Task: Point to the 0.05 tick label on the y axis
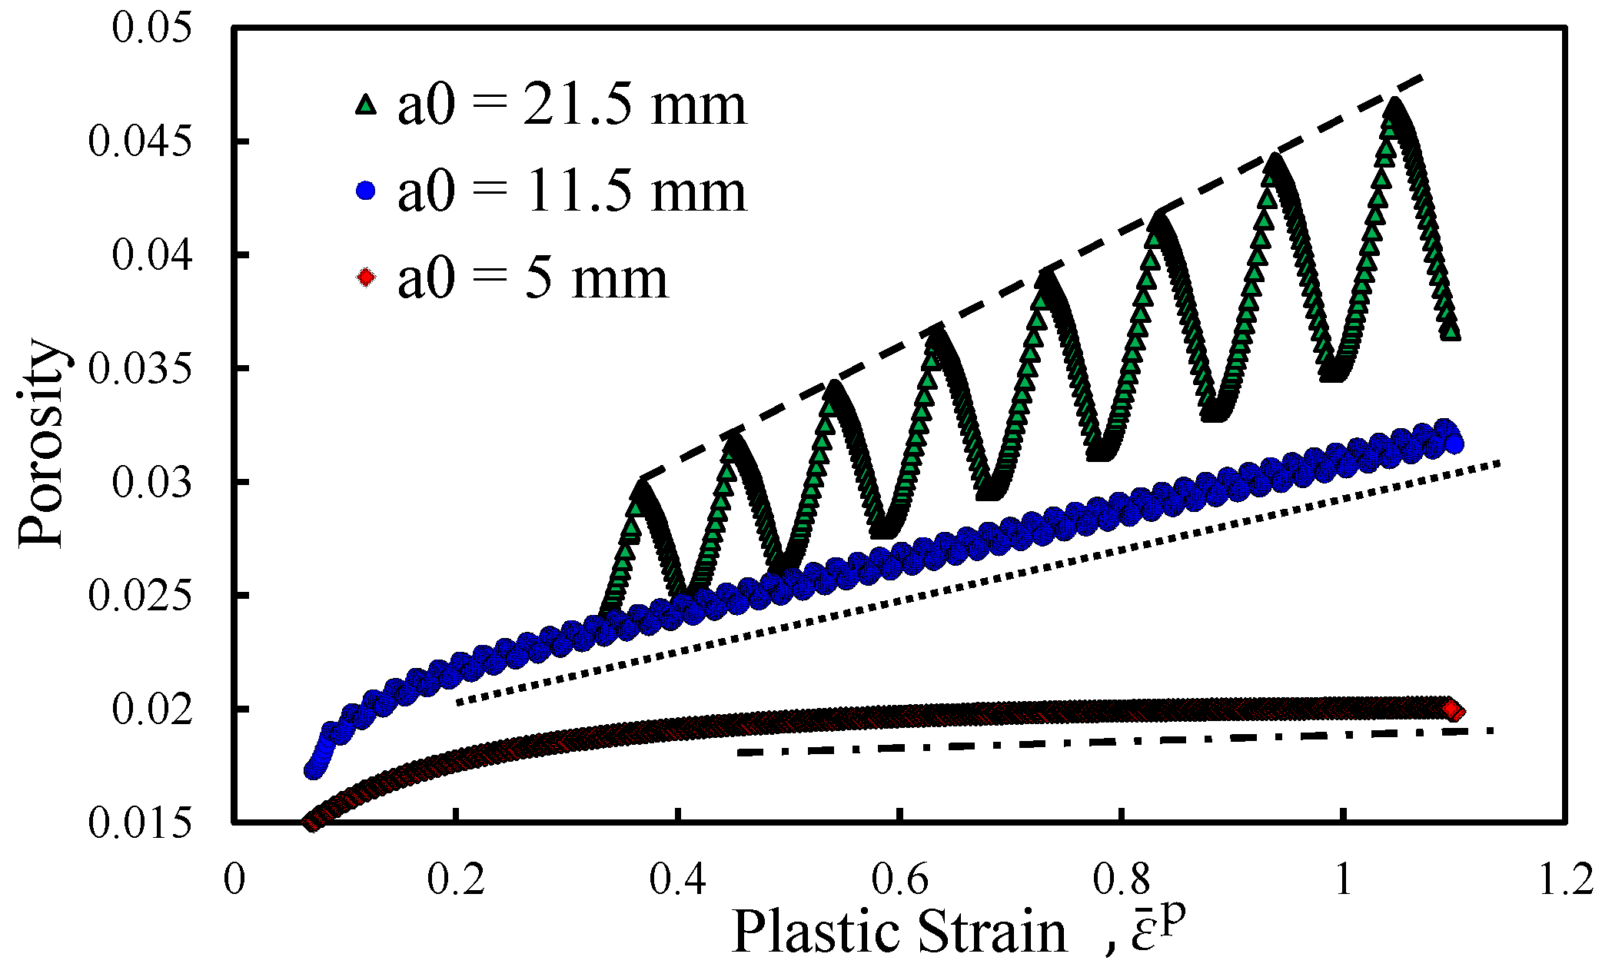point(151,28)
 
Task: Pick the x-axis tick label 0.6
point(899,879)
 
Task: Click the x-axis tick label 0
point(234,879)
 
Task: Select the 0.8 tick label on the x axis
point(1122,879)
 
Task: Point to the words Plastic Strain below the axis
point(899,932)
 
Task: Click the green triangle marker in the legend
point(367,104)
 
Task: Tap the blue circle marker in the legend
point(367,190)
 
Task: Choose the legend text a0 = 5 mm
point(533,277)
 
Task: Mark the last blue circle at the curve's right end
point(1454,444)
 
